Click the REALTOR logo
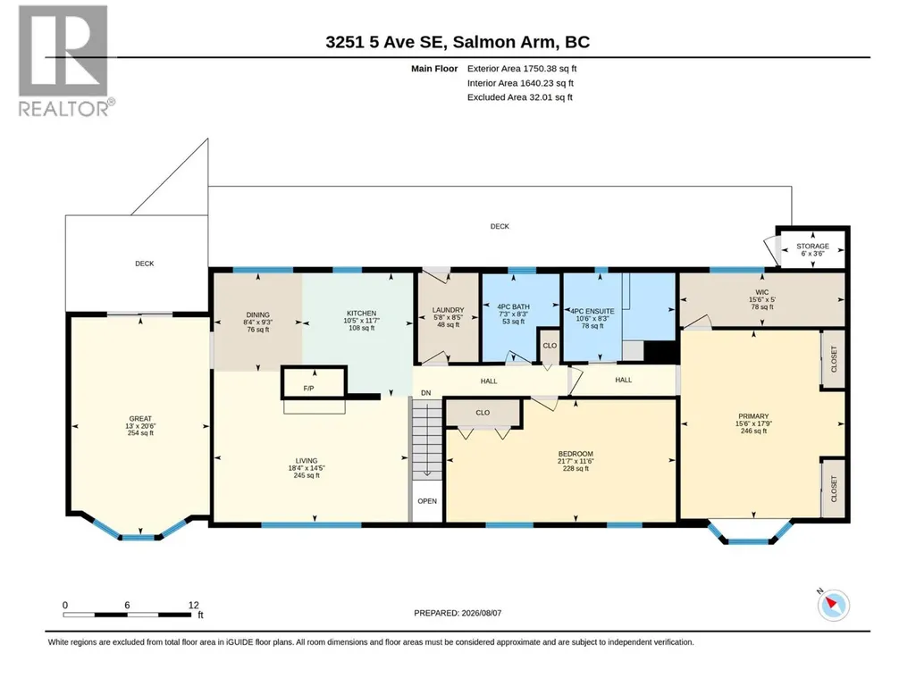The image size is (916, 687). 64,61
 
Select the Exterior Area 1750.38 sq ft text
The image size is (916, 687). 522,69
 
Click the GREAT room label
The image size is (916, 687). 140,418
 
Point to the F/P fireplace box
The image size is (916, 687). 315,382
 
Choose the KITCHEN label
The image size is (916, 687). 362,313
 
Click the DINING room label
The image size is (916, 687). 257,314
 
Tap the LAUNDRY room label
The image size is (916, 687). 448,310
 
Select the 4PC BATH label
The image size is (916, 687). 514,306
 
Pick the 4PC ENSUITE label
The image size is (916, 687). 592,312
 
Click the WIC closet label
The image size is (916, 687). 761,292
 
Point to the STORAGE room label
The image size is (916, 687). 812,246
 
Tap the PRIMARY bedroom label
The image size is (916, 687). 753,416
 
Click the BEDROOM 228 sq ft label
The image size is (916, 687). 576,461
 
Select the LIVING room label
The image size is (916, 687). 307,460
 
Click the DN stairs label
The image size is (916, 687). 426,392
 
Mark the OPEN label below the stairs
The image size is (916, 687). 427,500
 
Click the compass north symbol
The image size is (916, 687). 833,605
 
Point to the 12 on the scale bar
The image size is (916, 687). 193,605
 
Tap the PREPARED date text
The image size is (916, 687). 458,613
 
